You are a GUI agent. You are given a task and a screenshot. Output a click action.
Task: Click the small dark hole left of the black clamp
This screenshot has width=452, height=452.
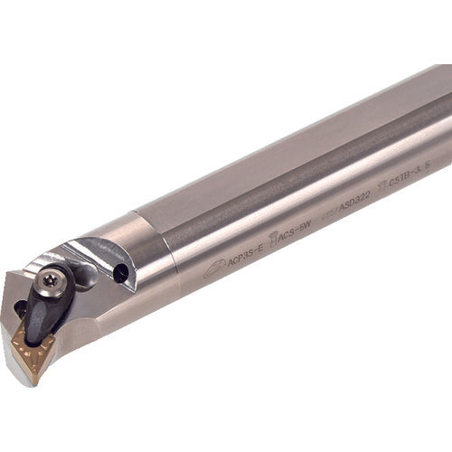pyautogui.click(x=19, y=308)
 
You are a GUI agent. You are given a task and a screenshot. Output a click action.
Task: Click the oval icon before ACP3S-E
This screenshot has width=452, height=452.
pyautogui.click(x=215, y=268)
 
